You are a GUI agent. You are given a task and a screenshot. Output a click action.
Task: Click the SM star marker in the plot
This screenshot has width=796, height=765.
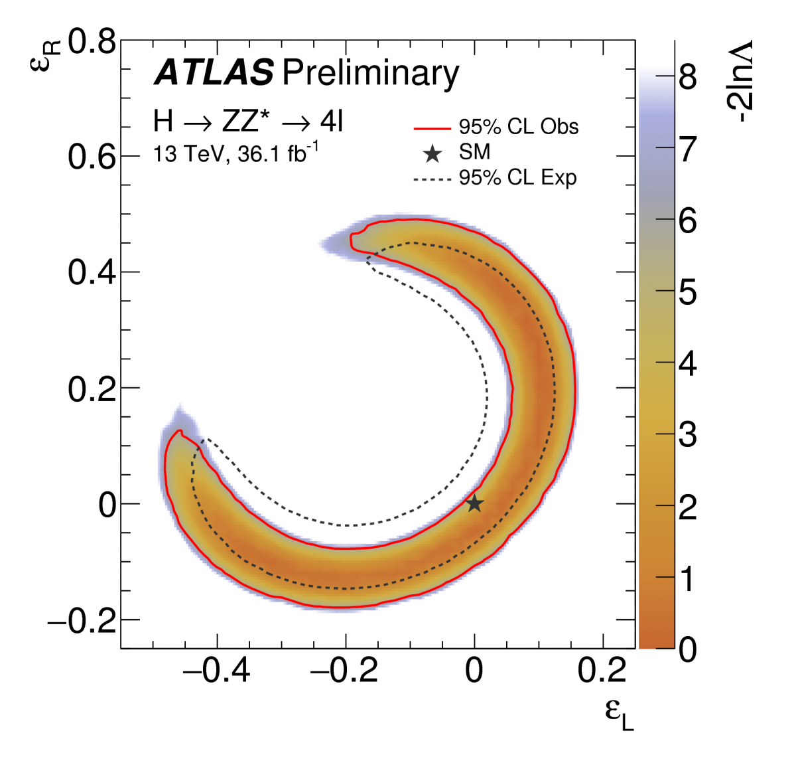tap(474, 503)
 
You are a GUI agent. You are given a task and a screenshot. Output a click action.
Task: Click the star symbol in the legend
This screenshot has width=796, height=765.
tap(432, 154)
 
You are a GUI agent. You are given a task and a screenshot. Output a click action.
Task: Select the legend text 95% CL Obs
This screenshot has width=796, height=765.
tap(519, 127)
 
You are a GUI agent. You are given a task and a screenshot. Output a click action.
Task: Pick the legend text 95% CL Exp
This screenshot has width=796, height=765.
tap(518, 178)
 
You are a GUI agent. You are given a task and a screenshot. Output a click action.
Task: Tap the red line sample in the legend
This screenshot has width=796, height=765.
tap(432, 128)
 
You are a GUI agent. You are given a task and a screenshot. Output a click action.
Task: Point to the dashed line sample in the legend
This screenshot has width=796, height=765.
tap(432, 179)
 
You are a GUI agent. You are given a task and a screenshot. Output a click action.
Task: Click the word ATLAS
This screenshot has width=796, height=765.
tap(214, 72)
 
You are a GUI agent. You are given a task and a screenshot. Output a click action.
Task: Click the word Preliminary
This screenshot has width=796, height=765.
tap(370, 73)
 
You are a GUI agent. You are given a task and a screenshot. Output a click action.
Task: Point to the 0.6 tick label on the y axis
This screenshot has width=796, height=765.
tap(92, 157)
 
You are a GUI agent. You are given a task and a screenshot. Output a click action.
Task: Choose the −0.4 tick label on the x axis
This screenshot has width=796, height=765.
tap(216, 671)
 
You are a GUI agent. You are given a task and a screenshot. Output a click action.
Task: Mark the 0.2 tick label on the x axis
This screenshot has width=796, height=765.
tap(602, 671)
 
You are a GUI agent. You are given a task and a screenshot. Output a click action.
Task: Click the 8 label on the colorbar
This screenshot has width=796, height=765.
tap(688, 77)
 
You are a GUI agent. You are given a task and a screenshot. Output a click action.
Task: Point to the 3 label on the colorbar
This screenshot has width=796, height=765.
tap(688, 435)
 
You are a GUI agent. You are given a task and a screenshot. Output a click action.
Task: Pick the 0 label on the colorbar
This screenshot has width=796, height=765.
tap(688, 649)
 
